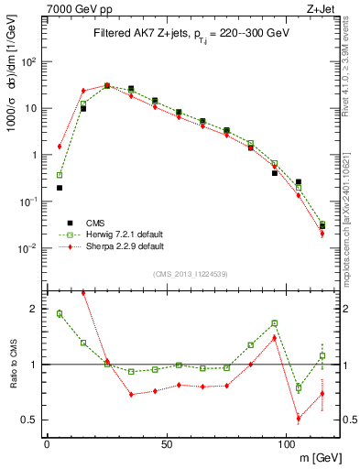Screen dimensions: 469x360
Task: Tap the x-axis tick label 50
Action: (166, 443)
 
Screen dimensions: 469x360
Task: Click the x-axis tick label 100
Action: (286, 443)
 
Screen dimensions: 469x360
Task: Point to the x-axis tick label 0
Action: (47, 443)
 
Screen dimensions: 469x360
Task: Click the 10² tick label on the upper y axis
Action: (29, 61)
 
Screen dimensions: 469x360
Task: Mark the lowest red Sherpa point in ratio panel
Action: (299, 419)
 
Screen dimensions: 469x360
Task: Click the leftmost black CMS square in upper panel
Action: (60, 188)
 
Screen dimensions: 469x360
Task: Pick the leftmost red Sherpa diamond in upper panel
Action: (60, 147)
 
